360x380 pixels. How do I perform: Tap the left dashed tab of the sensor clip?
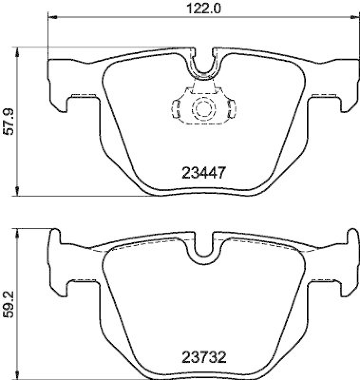176,107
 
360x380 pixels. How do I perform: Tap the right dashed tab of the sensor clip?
232,107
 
